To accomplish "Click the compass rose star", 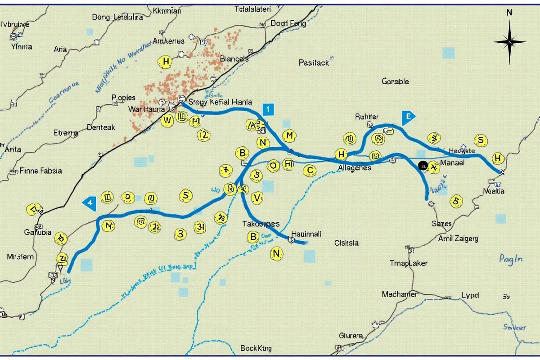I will point(509,42).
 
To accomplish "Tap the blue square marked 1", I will point(267,109).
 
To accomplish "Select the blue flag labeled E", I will point(408,117).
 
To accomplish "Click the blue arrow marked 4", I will point(90,202).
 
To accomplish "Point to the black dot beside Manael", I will point(423,166).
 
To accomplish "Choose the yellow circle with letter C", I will point(310,170).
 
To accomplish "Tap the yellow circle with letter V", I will point(257,197).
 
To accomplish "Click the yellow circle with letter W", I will point(167,120).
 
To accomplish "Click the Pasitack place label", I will point(314,63).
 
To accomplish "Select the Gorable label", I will point(395,81).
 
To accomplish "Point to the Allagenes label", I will point(354,167).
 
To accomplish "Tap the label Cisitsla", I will point(346,243).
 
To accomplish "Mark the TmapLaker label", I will point(408,263).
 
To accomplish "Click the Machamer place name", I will point(400,294).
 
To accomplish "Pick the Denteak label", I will point(101,127).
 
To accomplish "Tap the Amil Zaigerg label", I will point(458,238).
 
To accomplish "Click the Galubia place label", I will point(36,232).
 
